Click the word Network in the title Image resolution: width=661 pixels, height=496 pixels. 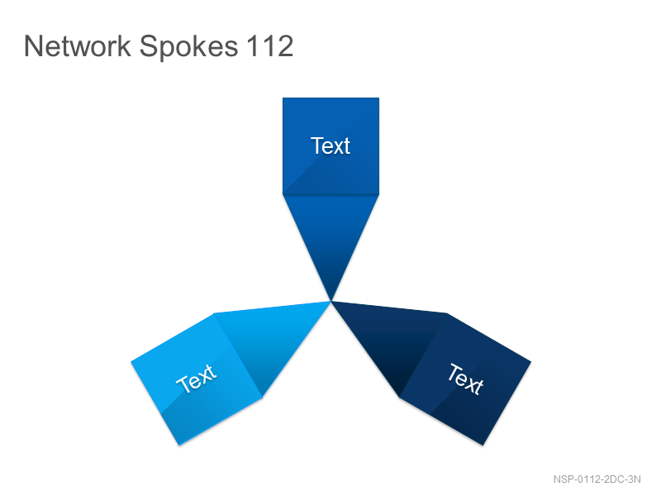(x=78, y=46)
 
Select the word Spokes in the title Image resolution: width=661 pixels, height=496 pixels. (x=189, y=48)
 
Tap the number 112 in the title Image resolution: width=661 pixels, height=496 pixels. (x=270, y=46)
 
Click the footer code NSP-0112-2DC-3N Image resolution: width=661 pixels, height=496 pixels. (x=597, y=479)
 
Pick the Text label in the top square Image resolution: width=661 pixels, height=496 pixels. (x=330, y=146)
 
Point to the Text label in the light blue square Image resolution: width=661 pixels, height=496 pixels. (x=197, y=378)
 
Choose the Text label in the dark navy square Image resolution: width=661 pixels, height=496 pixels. (x=465, y=379)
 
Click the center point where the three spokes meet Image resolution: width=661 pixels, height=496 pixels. (x=331, y=301)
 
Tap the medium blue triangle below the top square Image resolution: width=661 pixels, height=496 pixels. (x=331, y=236)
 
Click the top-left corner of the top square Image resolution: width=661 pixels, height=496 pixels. (x=283, y=98)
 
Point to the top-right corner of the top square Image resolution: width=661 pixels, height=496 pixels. (x=379, y=98)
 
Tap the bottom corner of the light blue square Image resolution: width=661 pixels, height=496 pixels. (x=179, y=446)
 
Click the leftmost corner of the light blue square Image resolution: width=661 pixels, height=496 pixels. (x=131, y=361)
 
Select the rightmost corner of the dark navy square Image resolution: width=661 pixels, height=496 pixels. (x=531, y=361)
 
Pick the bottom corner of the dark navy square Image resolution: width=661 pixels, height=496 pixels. (x=483, y=446)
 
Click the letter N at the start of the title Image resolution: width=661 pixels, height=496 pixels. (x=32, y=46)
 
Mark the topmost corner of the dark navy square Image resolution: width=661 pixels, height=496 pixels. (x=446, y=313)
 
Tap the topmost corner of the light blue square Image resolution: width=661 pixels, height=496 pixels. (x=214, y=313)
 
